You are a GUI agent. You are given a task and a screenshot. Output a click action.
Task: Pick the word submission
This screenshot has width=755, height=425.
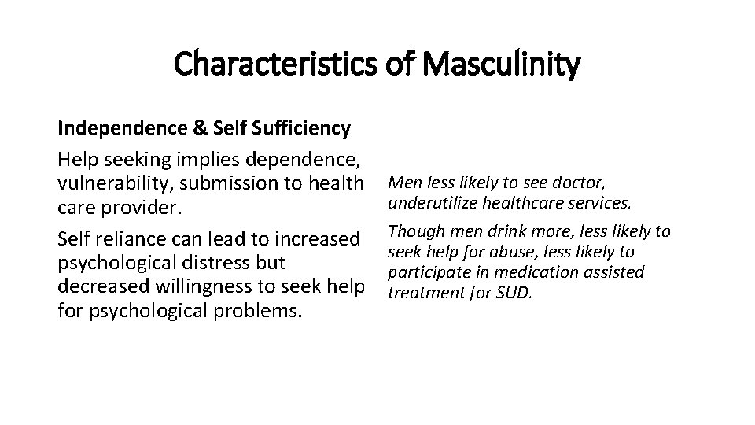[220, 183]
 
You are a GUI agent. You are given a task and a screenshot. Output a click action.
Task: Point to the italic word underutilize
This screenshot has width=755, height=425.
[430, 202]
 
